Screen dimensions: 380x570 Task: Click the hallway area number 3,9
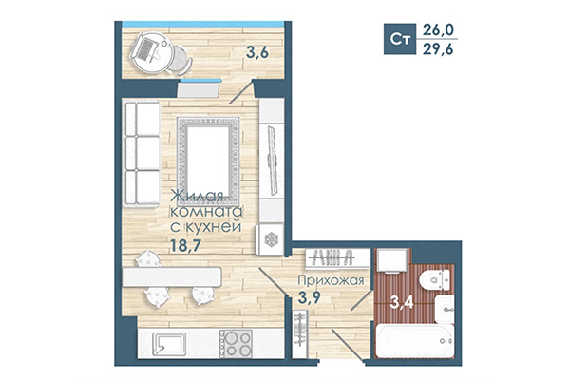click(309, 300)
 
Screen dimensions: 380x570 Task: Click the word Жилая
click(198, 197)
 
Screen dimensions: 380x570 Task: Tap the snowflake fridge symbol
click(270, 237)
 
